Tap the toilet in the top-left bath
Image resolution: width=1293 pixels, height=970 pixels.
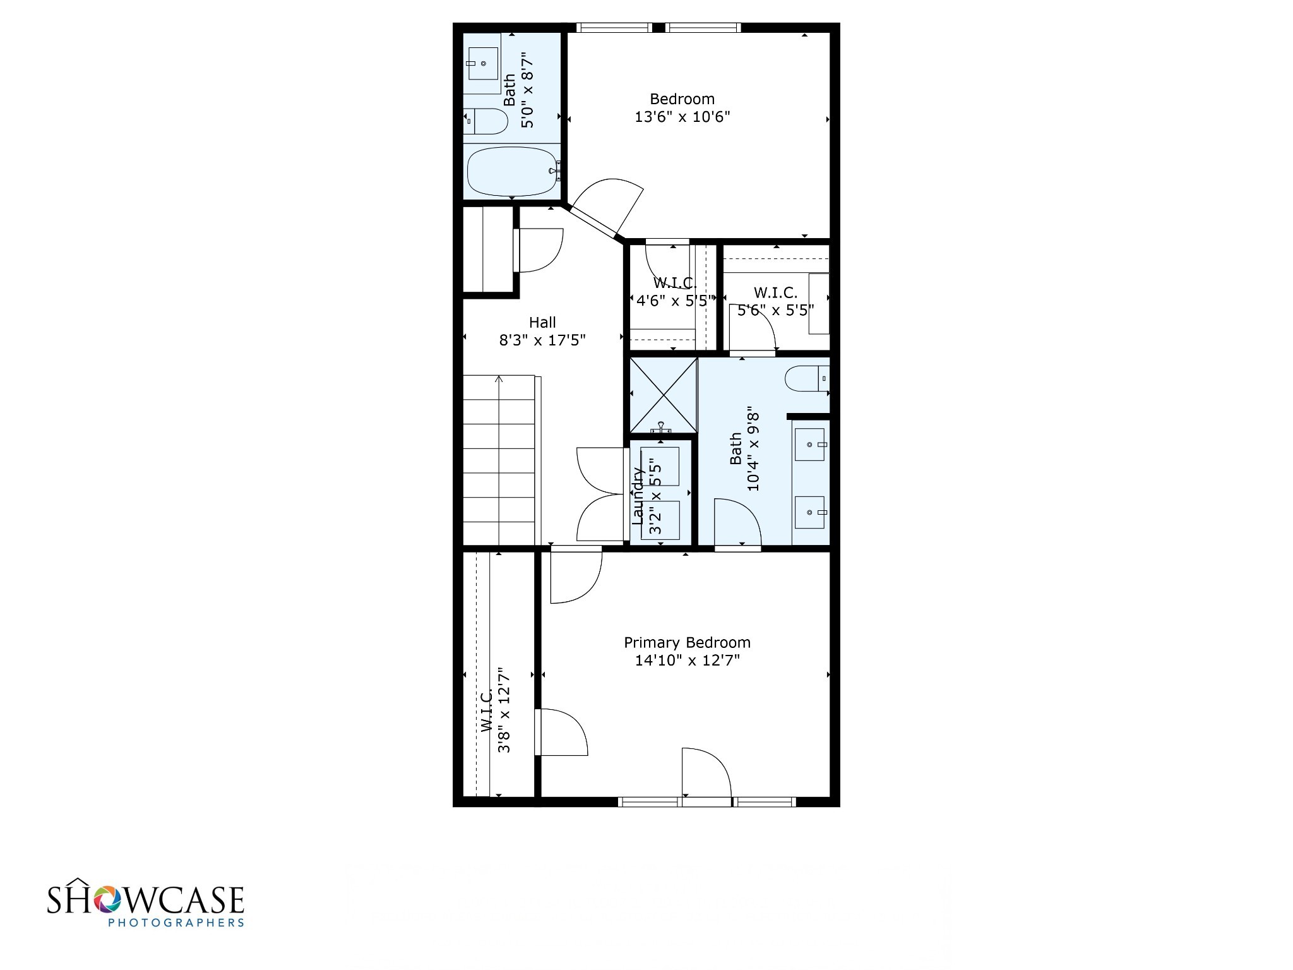[x=486, y=122]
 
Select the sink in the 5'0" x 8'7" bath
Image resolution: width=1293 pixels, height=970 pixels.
[x=482, y=63]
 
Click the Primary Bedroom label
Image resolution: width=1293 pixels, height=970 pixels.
[x=687, y=642]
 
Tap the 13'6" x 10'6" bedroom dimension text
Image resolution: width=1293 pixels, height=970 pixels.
[x=682, y=117]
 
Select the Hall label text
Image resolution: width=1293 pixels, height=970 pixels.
[x=542, y=322]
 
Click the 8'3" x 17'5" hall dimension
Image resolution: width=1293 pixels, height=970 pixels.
[x=542, y=340]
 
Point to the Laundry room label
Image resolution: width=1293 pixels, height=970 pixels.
[x=638, y=496]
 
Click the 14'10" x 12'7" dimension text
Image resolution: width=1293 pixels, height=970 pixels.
[x=687, y=661]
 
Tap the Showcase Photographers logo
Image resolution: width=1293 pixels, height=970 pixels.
[x=146, y=905]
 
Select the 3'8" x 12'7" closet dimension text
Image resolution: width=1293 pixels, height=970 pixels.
[x=504, y=710]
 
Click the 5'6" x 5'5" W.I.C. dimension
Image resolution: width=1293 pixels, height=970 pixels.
[x=775, y=310]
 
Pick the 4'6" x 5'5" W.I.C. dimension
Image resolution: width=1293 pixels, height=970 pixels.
[x=675, y=301]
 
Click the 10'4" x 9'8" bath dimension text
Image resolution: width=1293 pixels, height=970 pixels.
[x=753, y=452]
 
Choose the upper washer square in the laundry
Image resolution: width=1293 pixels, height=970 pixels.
[x=660, y=466]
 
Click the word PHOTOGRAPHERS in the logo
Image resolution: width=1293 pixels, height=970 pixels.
[x=176, y=923]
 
